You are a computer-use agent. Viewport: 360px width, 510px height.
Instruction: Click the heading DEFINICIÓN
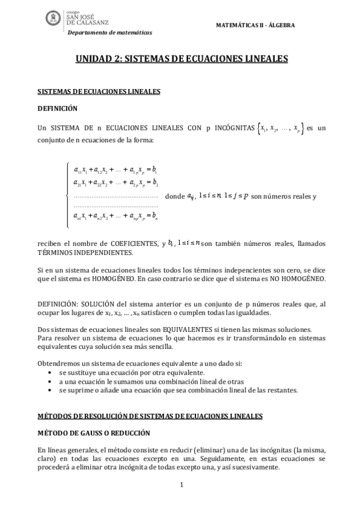[x=58, y=109]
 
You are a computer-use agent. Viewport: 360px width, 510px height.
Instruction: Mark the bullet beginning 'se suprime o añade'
[x=178, y=390]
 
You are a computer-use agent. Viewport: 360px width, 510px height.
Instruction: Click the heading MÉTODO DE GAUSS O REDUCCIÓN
[x=93, y=432]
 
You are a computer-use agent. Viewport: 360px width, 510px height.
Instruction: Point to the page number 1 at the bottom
[x=181, y=484]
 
